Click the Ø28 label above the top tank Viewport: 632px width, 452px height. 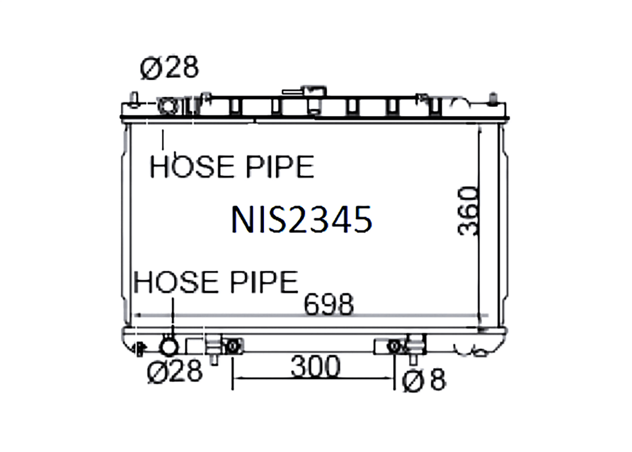tap(169, 67)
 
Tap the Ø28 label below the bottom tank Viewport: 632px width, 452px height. tap(175, 371)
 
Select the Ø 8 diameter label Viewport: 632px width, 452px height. tap(424, 380)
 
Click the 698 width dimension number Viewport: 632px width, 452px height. tap(329, 305)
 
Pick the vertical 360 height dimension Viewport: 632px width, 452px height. tap(468, 210)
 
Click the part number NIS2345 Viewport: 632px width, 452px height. tap(302, 219)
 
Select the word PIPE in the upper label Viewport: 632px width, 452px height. tap(280, 167)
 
